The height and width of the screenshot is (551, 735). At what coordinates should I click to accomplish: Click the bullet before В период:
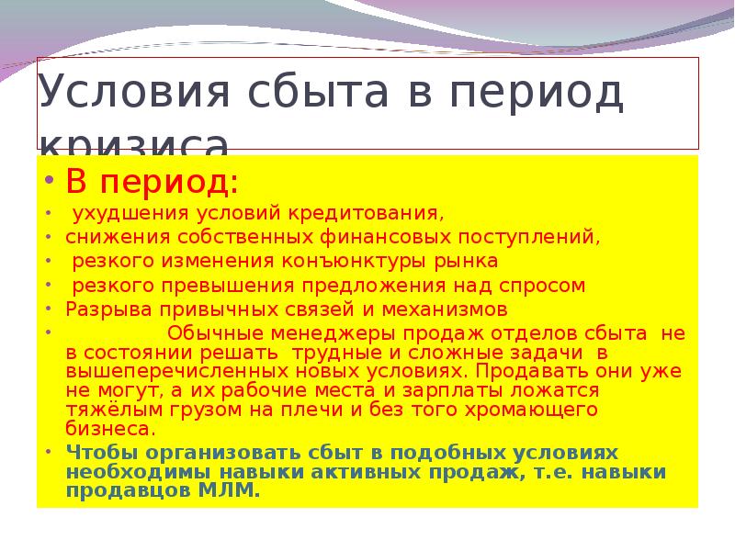click(47, 180)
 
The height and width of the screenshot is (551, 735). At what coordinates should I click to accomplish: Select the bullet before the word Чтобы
click(47, 453)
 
